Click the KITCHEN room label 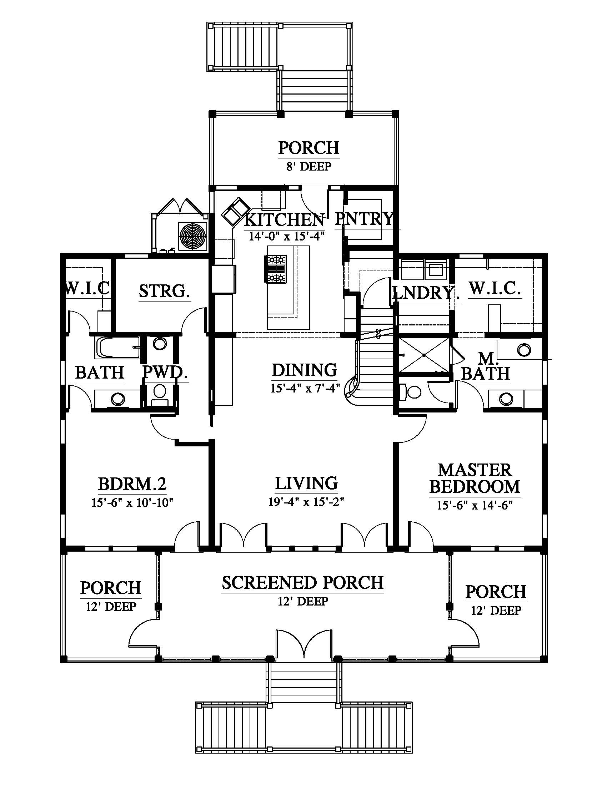(285, 219)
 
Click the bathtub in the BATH (117, 348)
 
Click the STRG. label (165, 291)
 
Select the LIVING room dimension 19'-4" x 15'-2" (306, 502)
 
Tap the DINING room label (305, 370)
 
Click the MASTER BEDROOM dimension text (475, 505)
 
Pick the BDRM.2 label (132, 484)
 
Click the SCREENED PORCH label (303, 583)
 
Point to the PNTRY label (364, 218)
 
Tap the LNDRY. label (426, 293)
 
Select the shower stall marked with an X (424, 355)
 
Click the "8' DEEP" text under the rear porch (309, 166)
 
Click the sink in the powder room (160, 344)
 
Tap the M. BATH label (486, 366)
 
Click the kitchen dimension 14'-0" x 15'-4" (287, 236)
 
